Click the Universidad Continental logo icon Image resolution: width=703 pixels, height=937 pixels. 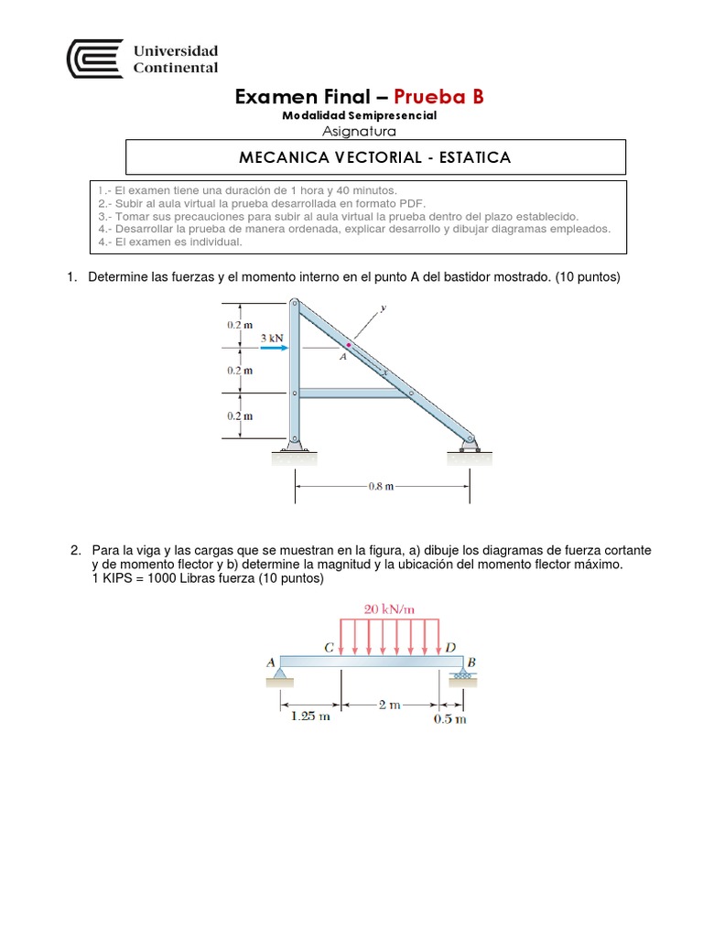[94, 59]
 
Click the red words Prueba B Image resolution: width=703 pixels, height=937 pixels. [438, 96]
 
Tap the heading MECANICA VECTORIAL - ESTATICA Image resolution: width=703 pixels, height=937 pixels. [374, 157]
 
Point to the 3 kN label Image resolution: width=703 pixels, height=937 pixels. [273, 337]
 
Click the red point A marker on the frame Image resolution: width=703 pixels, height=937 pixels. [349, 345]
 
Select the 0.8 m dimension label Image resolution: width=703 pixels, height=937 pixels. [381, 487]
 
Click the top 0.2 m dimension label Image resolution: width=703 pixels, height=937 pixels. [240, 325]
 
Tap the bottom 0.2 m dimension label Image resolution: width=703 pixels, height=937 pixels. [240, 415]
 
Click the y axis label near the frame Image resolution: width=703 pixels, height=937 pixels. [383, 308]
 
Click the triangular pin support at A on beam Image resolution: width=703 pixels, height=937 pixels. [280, 675]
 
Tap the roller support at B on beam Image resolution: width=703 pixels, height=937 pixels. [460, 674]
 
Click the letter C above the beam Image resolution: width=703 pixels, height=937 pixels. [330, 648]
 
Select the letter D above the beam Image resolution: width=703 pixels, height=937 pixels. [450, 647]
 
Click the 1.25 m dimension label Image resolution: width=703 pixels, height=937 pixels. [309, 718]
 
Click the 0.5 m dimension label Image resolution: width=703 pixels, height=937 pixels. [449, 719]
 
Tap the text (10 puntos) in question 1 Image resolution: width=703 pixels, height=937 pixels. [588, 276]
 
